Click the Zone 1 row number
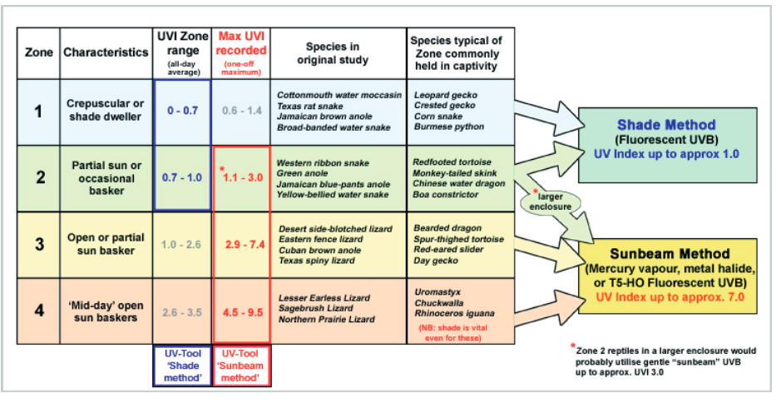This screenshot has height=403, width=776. (38, 110)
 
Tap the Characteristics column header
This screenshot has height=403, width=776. (106, 52)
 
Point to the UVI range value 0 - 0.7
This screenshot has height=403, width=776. (183, 110)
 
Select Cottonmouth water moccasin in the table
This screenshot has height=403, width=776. (339, 95)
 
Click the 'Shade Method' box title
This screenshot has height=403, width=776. (666, 125)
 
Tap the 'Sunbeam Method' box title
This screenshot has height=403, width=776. (668, 253)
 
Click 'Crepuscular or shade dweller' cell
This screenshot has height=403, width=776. (106, 110)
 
